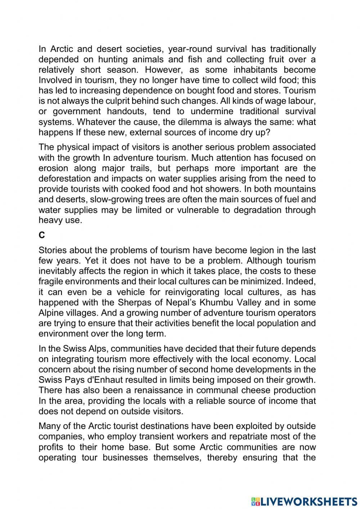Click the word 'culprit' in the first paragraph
(x=112, y=101)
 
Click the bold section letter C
(x=42, y=235)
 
